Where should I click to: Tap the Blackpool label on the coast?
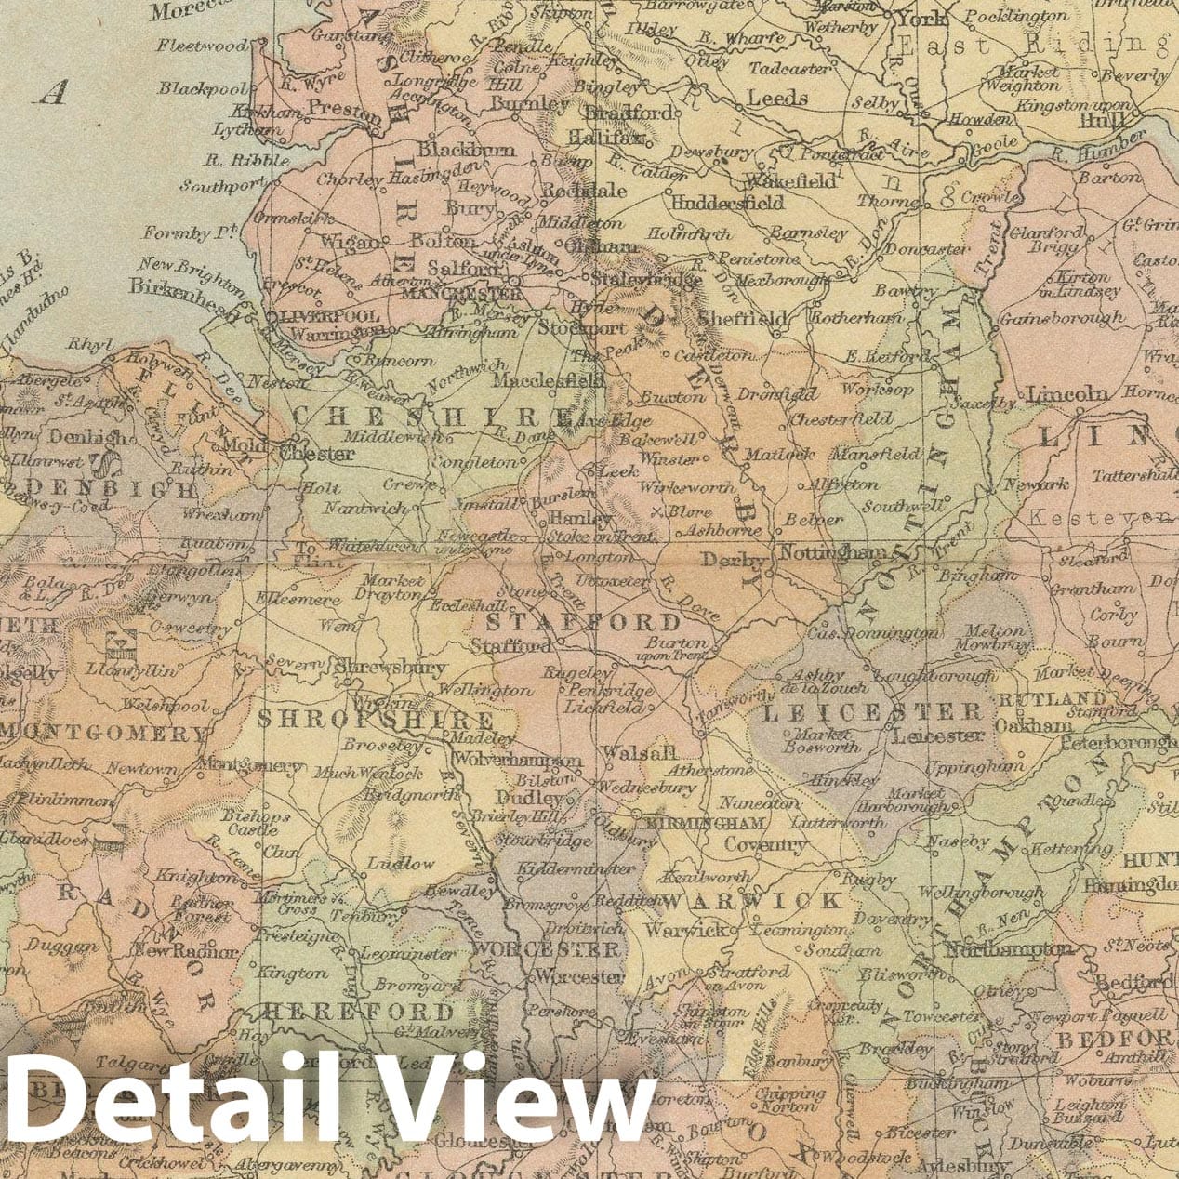(201, 88)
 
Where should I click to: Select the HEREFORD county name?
(358, 1013)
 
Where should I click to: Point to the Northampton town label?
(1009, 950)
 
